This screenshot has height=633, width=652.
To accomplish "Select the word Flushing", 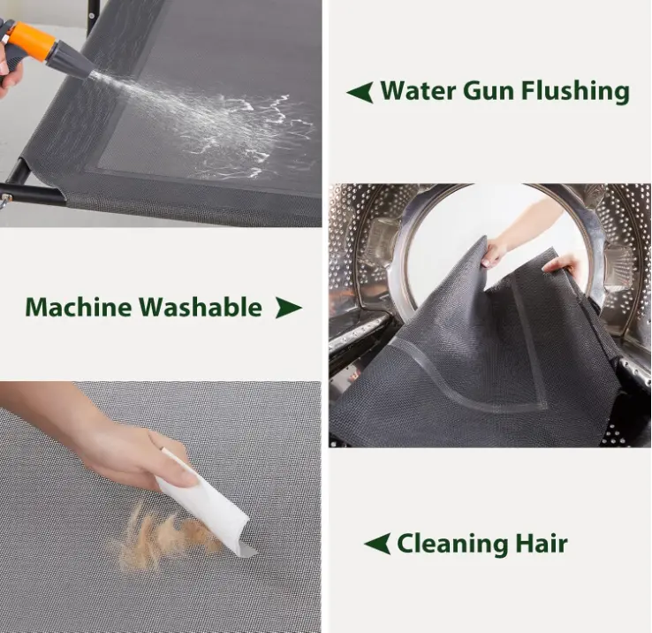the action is (x=575, y=92).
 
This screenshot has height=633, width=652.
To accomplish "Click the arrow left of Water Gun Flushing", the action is (x=360, y=93).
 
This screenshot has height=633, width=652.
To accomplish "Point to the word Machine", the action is (x=79, y=307).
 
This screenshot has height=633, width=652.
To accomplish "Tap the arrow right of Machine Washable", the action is (x=289, y=308).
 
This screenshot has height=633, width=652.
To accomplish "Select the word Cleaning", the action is (x=452, y=544).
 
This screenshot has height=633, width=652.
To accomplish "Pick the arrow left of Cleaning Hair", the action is (x=377, y=544).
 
